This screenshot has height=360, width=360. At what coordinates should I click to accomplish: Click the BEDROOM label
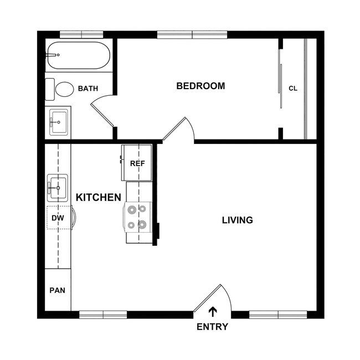(x=200, y=86)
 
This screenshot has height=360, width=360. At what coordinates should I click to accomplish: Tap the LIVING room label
(x=237, y=220)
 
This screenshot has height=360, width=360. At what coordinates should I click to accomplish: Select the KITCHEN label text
(x=98, y=197)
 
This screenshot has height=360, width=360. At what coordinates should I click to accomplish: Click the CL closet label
(x=293, y=88)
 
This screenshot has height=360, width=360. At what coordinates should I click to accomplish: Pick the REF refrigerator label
(x=137, y=163)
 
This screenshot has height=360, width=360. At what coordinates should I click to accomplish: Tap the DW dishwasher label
(x=58, y=218)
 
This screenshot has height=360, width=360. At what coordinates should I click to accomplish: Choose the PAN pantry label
(x=57, y=290)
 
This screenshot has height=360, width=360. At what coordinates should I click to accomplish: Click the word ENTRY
(x=212, y=327)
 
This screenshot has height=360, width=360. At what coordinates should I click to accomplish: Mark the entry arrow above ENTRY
(x=213, y=312)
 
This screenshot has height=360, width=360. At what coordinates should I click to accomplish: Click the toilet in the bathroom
(x=62, y=89)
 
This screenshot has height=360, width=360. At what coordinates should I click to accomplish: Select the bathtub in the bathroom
(x=77, y=55)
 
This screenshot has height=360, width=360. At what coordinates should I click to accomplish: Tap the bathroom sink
(x=58, y=121)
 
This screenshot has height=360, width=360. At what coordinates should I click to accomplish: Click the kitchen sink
(x=58, y=188)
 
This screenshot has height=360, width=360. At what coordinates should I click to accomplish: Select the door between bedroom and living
(x=178, y=131)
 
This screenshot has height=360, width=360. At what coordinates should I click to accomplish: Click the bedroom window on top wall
(x=192, y=35)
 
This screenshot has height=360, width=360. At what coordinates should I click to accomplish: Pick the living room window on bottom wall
(x=278, y=315)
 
